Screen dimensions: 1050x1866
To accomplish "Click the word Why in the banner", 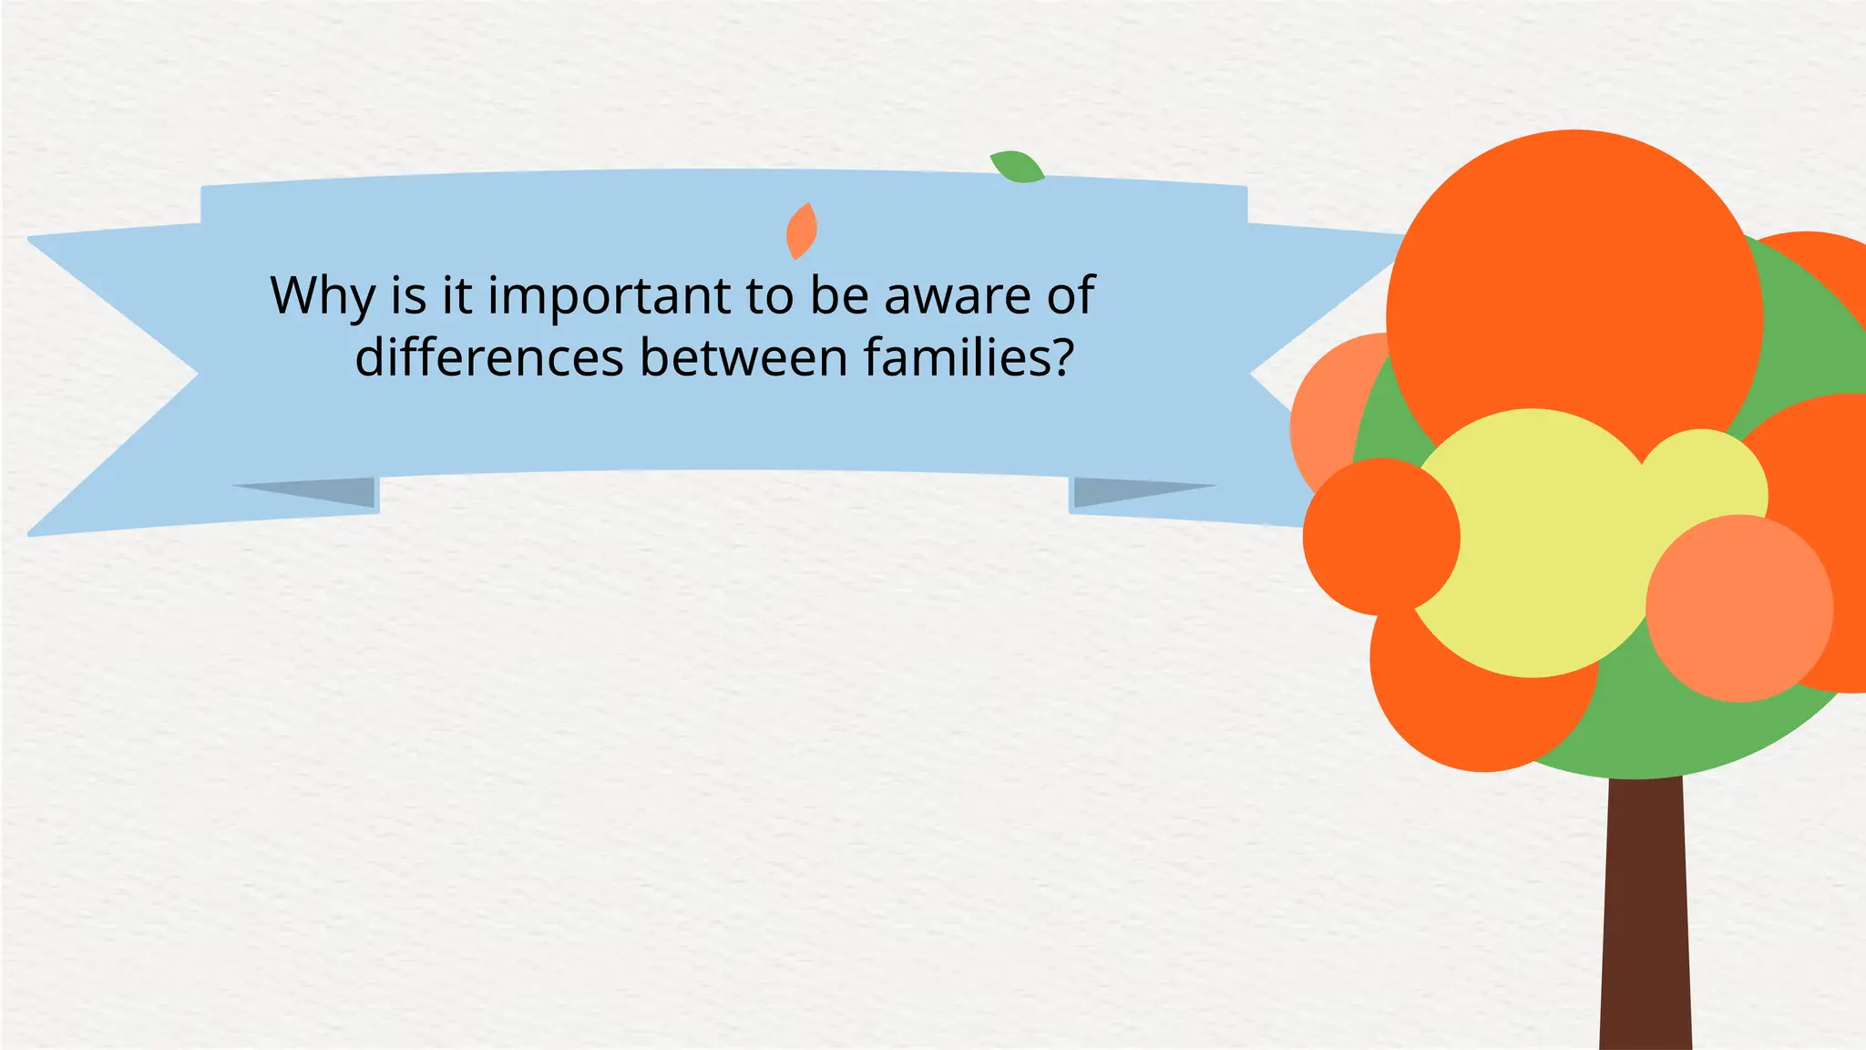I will (323, 296).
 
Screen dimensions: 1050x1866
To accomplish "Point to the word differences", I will (488, 357).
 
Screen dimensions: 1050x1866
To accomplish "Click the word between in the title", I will (743, 357).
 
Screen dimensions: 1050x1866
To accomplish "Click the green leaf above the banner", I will (1018, 168).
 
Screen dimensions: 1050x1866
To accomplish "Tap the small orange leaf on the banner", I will (802, 231).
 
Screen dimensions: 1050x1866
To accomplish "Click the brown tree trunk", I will (1646, 911).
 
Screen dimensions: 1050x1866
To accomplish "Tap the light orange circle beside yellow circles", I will (1738, 609).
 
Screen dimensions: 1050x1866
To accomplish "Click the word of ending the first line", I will (1071, 296).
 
